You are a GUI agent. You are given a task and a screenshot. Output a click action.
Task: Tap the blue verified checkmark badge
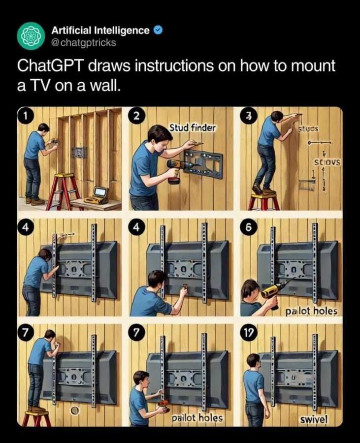click(x=158, y=31)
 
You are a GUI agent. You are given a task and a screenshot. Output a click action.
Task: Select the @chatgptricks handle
click(x=84, y=42)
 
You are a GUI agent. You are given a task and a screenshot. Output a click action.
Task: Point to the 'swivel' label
click(x=314, y=419)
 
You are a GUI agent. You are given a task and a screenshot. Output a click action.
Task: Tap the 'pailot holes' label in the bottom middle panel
click(x=197, y=418)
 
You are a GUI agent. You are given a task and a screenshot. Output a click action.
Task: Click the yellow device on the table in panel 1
click(x=97, y=195)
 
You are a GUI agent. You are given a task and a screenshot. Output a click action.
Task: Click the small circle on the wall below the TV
click(x=75, y=410)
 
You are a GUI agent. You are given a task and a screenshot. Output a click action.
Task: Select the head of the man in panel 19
click(x=254, y=360)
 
